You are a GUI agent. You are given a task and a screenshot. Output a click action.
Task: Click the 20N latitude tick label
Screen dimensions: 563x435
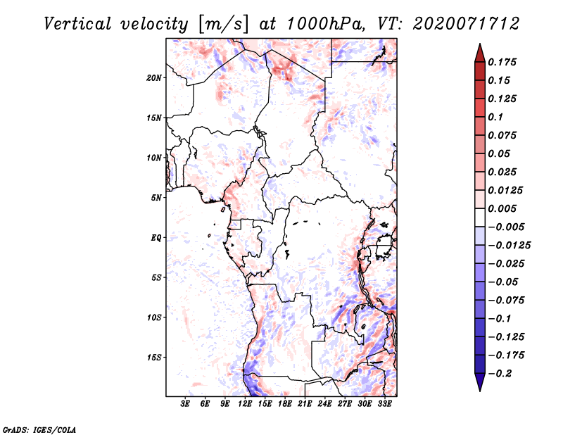[x=154, y=78]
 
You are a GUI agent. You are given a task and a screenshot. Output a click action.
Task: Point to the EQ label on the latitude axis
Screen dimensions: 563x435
[x=156, y=238]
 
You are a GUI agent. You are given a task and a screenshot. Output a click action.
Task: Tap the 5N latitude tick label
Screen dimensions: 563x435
[x=156, y=198]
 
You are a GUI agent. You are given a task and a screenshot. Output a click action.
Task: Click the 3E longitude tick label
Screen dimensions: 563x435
[x=185, y=404]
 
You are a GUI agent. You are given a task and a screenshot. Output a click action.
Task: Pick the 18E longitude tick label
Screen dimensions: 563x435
[x=285, y=404]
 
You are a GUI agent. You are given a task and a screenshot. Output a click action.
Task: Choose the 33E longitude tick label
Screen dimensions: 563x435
[x=384, y=404]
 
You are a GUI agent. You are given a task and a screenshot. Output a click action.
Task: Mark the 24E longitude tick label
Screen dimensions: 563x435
[x=324, y=404]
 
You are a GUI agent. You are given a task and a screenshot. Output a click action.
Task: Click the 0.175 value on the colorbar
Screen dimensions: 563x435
[x=502, y=62]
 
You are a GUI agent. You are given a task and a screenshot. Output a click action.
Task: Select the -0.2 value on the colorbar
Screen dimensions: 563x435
[x=500, y=374]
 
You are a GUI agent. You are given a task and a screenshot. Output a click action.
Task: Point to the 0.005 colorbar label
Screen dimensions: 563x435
[x=502, y=208]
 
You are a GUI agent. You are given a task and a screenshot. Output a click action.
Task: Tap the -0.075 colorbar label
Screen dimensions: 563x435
[x=506, y=301]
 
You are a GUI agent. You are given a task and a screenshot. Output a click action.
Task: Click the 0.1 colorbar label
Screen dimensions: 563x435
[x=495, y=117]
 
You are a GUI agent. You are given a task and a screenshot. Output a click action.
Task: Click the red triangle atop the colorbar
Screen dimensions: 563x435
[x=480, y=53]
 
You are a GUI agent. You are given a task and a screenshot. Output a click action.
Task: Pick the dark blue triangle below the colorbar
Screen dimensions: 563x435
[x=480, y=382]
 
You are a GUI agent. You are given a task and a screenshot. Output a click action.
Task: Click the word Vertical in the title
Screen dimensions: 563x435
[x=77, y=24]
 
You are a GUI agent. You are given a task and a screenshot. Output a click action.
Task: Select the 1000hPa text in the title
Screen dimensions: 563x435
[x=327, y=24]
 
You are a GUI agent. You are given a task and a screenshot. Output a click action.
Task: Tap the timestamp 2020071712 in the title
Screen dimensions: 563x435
[x=466, y=24]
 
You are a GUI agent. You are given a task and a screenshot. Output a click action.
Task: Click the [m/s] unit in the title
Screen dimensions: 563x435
[x=223, y=25]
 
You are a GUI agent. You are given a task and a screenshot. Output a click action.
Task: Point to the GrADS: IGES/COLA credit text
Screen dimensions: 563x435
[x=39, y=430]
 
